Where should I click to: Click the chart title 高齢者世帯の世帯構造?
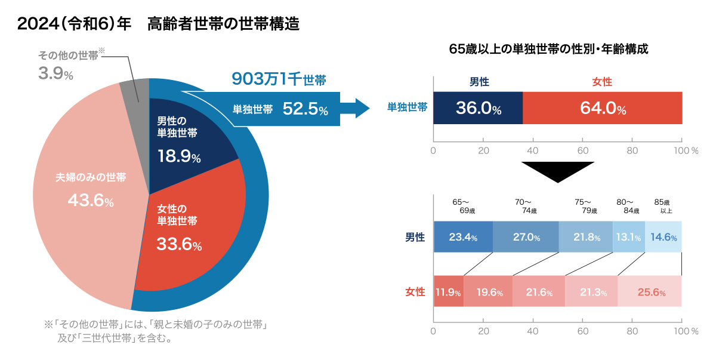[x=223, y=24]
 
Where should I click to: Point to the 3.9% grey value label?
[x=55, y=73]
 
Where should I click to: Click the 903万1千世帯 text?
[x=279, y=79]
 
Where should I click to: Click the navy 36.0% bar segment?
[x=478, y=108]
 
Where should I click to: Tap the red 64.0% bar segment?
[x=603, y=108]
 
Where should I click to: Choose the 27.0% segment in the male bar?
[x=526, y=237]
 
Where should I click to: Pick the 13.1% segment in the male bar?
[x=629, y=237]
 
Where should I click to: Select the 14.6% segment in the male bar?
[x=663, y=237]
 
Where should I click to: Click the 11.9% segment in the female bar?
[x=448, y=292]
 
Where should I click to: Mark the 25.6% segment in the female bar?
[x=650, y=292]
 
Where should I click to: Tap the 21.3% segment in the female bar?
[x=591, y=292]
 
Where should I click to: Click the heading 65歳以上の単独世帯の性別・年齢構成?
[x=548, y=49]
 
